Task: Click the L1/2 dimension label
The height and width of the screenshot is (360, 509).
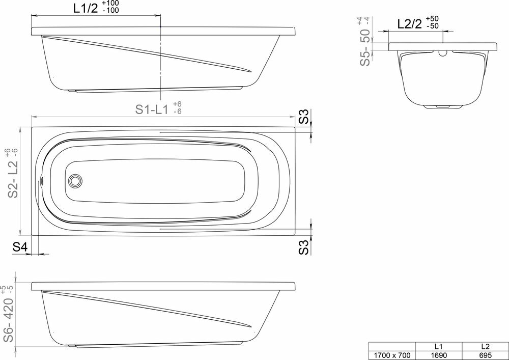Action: point(86,9)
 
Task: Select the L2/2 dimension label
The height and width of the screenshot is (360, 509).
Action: point(409,24)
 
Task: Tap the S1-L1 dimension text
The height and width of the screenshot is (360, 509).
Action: point(152,109)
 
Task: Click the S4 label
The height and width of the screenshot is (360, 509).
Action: point(19,247)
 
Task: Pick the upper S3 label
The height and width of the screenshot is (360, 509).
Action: point(303,117)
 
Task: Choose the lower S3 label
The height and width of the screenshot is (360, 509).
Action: point(303,247)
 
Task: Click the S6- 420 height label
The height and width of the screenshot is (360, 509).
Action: point(9,319)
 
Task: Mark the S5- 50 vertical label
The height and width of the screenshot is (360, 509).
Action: point(365,47)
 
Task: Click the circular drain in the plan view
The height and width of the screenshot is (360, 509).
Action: point(75,180)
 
